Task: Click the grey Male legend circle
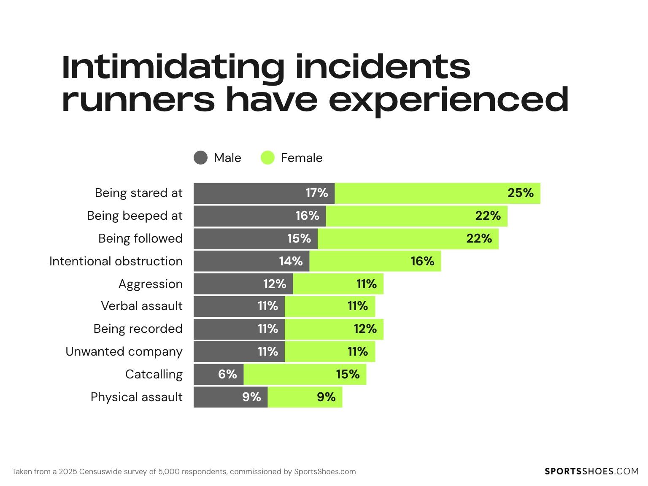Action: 200,158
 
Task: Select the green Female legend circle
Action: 267,158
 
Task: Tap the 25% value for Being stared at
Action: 520,193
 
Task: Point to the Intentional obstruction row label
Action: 116,261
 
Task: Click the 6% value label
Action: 227,374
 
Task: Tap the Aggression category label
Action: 151,284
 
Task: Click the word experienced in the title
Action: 448,100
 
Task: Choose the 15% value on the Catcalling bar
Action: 348,374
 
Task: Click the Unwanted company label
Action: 124,351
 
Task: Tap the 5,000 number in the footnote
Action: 167,472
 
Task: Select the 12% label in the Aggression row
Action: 275,284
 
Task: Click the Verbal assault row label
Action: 142,306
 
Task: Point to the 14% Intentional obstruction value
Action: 291,261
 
